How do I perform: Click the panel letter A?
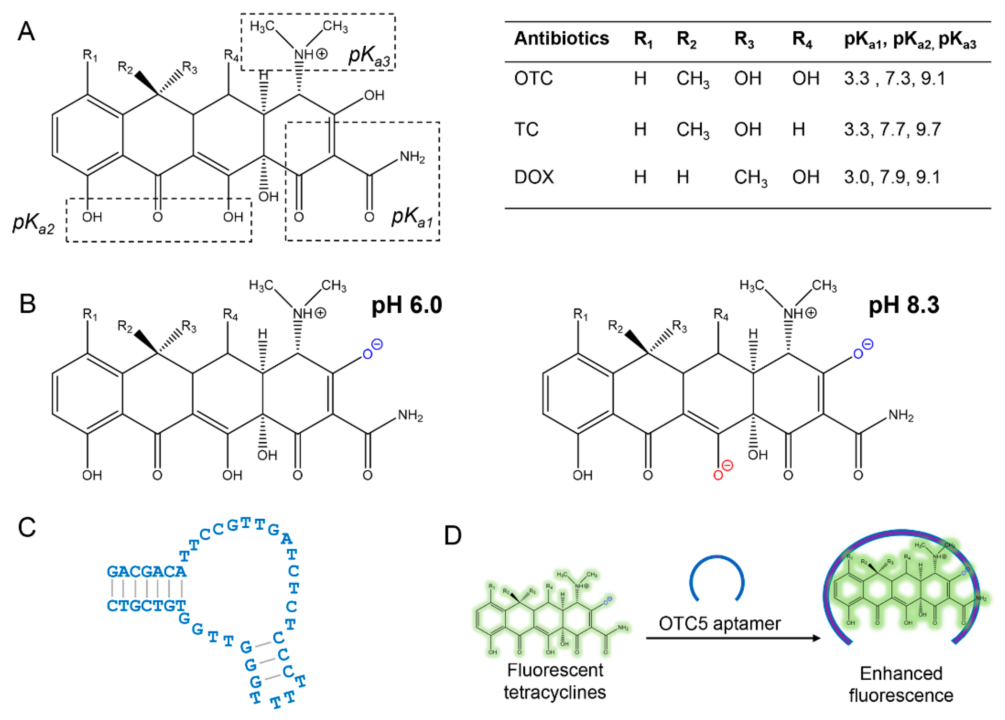pyautogui.click(x=26, y=32)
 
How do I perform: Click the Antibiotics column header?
pyautogui.click(x=561, y=39)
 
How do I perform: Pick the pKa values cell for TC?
pyautogui.click(x=892, y=129)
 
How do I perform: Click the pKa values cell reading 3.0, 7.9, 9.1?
pyautogui.click(x=892, y=177)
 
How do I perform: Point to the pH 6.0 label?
pyautogui.click(x=407, y=305)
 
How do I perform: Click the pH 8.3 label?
pyautogui.click(x=903, y=305)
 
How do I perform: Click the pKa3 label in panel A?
pyautogui.click(x=369, y=56)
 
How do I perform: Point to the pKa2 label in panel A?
pyautogui.click(x=33, y=223)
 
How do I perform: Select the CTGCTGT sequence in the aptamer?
pyautogui.click(x=146, y=606)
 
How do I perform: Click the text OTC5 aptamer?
pyautogui.click(x=719, y=624)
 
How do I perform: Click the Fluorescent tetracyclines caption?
pyautogui.click(x=555, y=681)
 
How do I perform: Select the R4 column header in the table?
pyautogui.click(x=802, y=39)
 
